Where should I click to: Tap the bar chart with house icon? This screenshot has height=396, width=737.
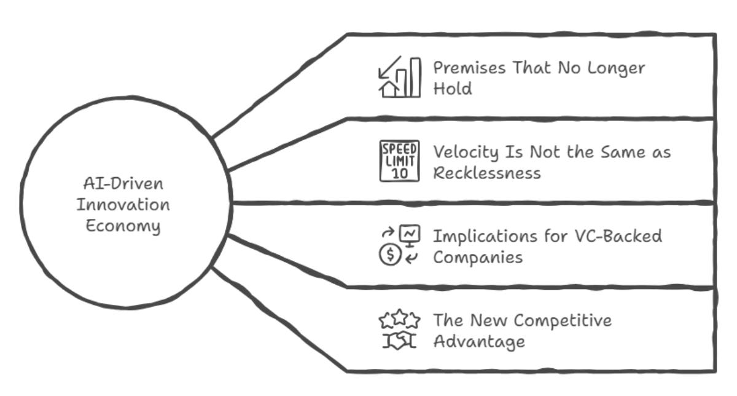tap(399, 77)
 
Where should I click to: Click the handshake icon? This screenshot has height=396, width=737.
tap(399, 341)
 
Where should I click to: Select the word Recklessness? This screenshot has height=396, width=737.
tap(487, 173)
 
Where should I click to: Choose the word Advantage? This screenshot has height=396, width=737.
tap(479, 341)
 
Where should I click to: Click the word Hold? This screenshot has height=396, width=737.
tap(452, 89)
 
